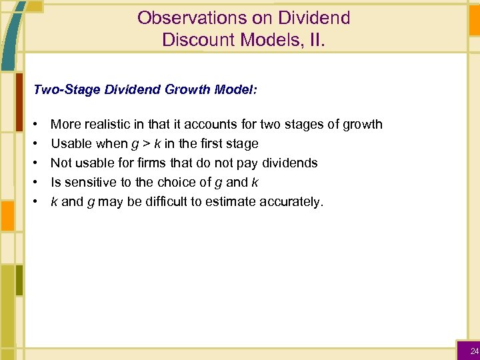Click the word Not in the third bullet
pos(61,163)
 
